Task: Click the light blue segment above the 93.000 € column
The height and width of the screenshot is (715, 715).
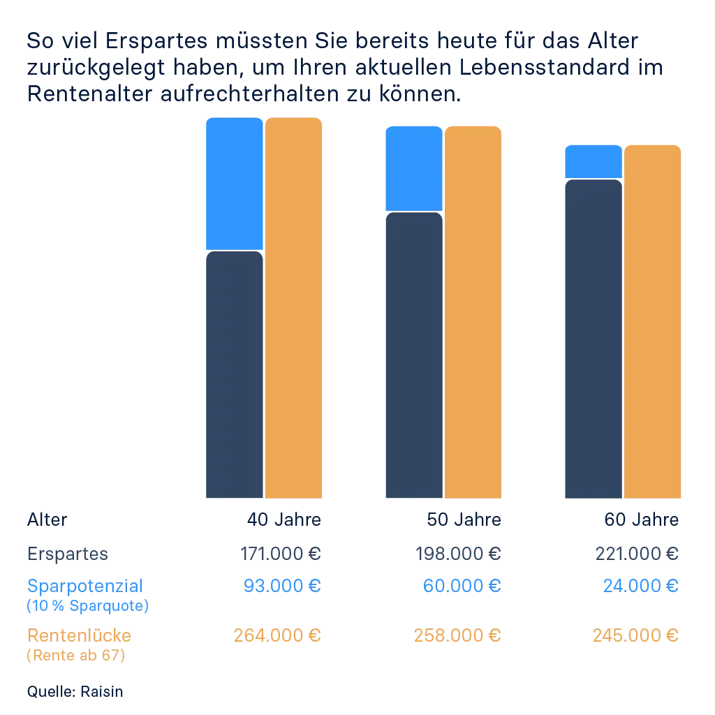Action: click(x=233, y=184)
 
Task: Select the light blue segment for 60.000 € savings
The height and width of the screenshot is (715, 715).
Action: click(x=414, y=168)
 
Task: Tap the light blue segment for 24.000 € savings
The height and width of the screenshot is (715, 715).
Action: click(x=593, y=161)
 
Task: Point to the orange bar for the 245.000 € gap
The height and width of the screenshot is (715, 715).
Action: click(x=652, y=322)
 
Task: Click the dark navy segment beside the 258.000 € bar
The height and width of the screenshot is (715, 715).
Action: click(x=414, y=356)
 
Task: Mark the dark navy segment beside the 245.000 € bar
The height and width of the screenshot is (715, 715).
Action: click(x=593, y=340)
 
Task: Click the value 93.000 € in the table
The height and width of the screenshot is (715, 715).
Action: click(x=283, y=584)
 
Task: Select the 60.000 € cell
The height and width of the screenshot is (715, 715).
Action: click(x=462, y=584)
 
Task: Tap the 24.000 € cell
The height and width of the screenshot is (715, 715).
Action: click(x=642, y=584)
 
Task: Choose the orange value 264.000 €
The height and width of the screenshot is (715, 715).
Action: click(x=278, y=635)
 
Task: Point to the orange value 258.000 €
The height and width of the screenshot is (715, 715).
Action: click(x=458, y=635)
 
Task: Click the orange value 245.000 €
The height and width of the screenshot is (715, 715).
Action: click(x=636, y=635)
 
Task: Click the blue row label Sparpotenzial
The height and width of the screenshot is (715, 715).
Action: click(x=87, y=584)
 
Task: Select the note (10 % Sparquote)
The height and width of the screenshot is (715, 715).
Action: click(x=87, y=605)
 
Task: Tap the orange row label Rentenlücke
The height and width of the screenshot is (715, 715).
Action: click(x=80, y=635)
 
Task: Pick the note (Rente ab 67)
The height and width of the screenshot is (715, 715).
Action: click(x=77, y=656)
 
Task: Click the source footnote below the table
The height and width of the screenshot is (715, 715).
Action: click(x=73, y=691)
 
